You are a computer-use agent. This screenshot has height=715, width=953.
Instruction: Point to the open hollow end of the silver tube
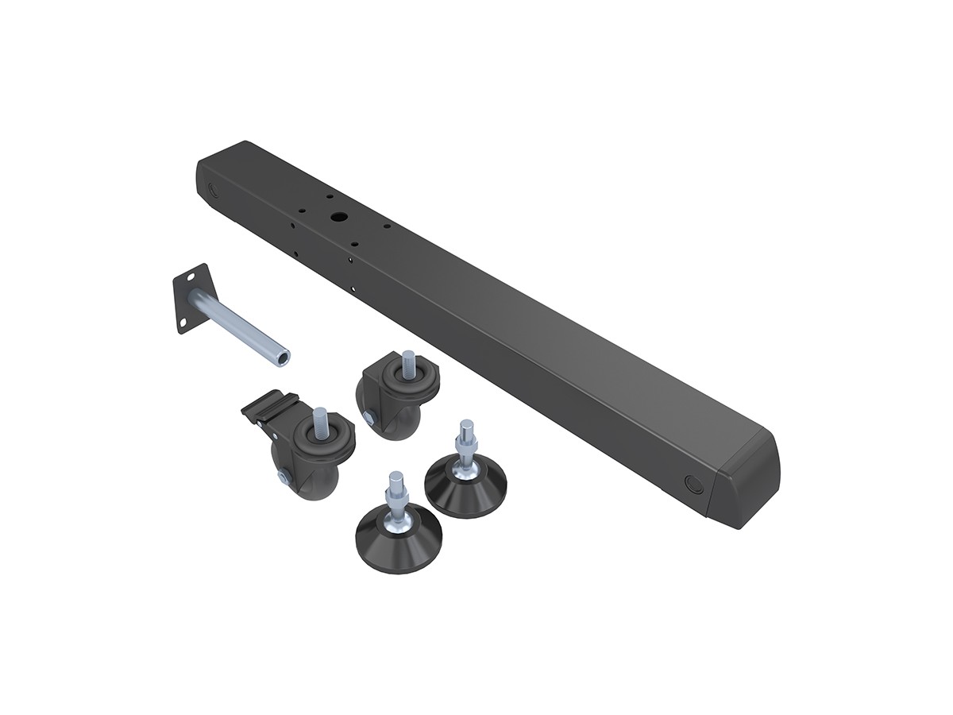282,359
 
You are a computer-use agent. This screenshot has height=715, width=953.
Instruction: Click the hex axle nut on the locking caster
283,477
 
